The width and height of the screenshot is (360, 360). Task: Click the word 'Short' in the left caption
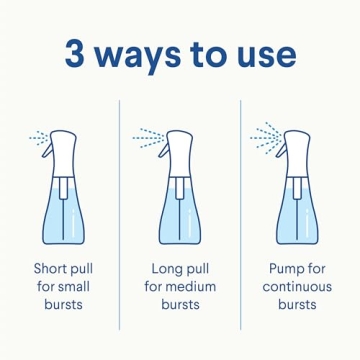[50, 269]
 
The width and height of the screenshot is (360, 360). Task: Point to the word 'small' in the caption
[73, 286]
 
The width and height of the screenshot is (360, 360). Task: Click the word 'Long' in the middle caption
[166, 269]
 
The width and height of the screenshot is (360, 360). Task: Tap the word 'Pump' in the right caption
[287, 269]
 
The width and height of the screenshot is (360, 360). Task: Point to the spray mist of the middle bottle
[148, 135]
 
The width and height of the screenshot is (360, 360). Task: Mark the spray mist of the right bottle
[266, 134]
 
